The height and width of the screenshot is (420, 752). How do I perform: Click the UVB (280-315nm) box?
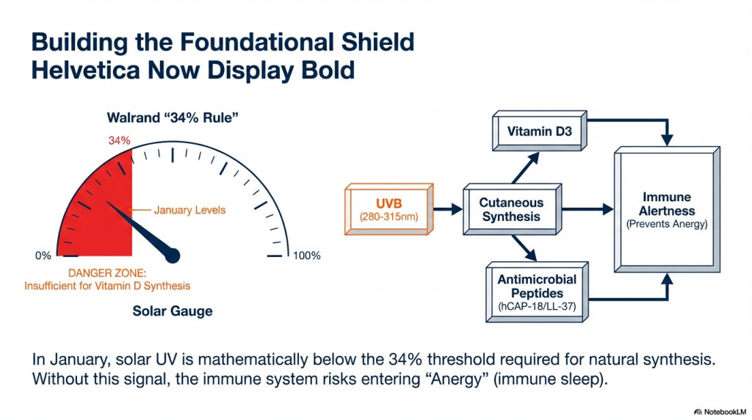pyautogui.click(x=389, y=209)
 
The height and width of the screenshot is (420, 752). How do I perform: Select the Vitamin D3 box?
pyautogui.click(x=540, y=131)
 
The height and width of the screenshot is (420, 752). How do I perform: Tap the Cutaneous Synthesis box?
pyautogui.click(x=512, y=209)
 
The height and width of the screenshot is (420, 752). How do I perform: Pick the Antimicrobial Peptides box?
pyautogui.click(x=537, y=292)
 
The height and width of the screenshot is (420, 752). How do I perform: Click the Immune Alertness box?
pyautogui.click(x=667, y=210)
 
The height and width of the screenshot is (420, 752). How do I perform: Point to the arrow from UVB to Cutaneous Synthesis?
pyautogui.click(x=448, y=209)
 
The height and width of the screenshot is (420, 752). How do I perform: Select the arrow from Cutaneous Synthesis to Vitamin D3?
pyautogui.click(x=526, y=168)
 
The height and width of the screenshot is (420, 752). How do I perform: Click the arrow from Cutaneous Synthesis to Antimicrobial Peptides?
pyautogui.click(x=524, y=248)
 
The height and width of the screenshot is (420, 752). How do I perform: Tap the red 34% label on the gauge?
pyautogui.click(x=119, y=140)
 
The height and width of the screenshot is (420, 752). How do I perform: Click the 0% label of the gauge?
pyautogui.click(x=43, y=256)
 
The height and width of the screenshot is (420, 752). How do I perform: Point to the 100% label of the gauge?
pyautogui.click(x=307, y=256)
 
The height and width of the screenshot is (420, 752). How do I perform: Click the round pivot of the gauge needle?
pyautogui.click(x=173, y=256)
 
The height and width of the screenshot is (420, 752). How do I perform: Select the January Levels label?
pyautogui.click(x=189, y=210)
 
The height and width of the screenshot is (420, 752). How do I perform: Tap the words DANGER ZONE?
pyautogui.click(x=107, y=273)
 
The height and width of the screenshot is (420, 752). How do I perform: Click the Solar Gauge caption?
pyautogui.click(x=173, y=311)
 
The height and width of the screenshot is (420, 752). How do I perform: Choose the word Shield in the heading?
pyautogui.click(x=378, y=42)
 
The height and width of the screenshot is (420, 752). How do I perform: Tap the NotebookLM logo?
pyautogui.click(x=720, y=412)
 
